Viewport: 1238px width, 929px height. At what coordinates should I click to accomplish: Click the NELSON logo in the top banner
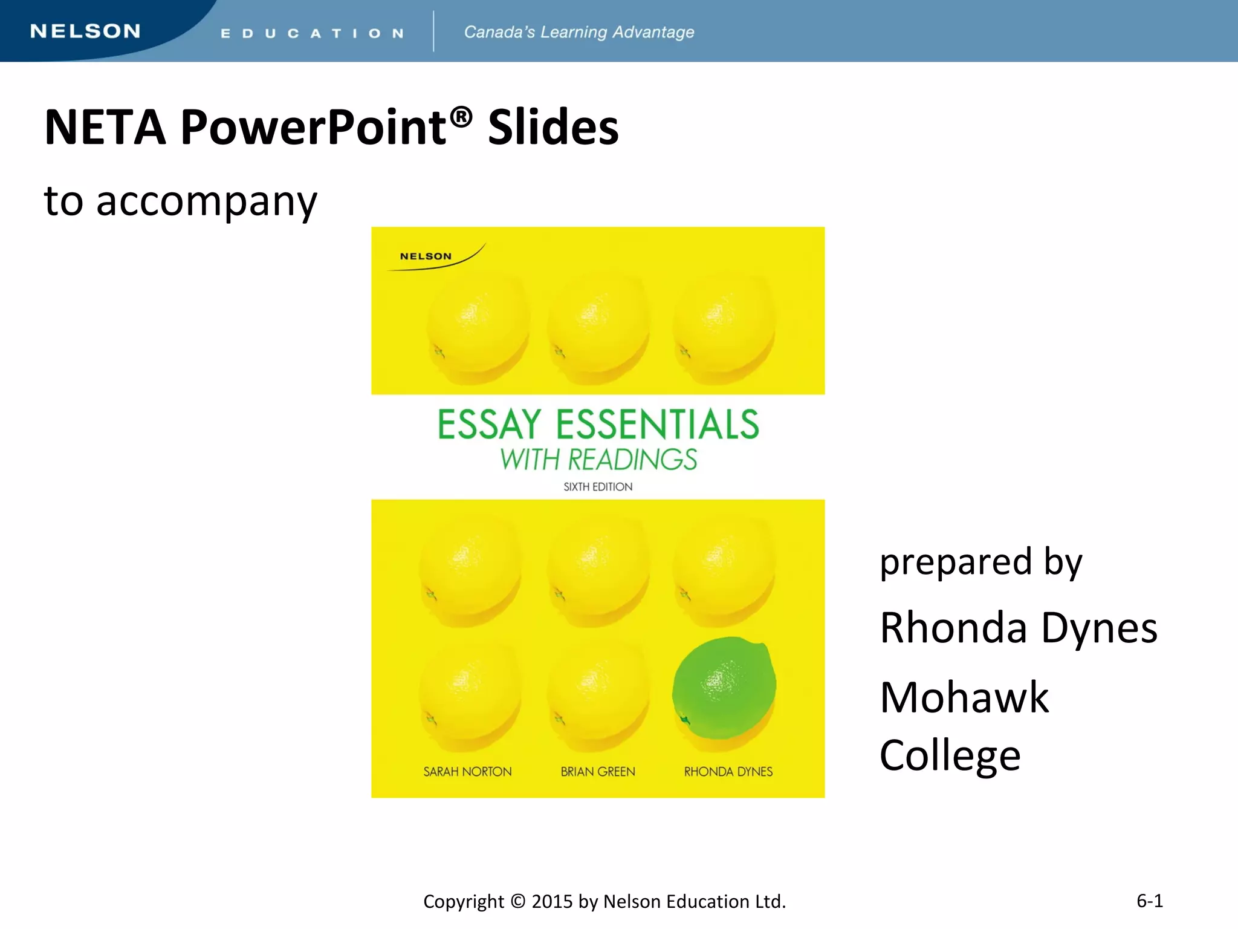tap(85, 31)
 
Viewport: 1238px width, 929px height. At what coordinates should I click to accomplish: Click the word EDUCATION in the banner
tap(312, 33)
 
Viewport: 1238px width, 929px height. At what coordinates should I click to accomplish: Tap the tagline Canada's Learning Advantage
tap(578, 32)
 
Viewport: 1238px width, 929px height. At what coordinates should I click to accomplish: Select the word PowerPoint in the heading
tap(313, 128)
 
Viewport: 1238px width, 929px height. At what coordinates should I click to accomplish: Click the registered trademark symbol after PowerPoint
tap(461, 116)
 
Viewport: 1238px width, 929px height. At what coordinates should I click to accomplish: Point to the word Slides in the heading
tap(553, 128)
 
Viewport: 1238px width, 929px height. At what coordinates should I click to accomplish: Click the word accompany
tap(207, 201)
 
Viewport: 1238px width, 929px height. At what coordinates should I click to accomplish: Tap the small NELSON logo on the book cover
tap(426, 256)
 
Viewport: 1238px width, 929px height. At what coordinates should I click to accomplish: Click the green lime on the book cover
tap(724, 688)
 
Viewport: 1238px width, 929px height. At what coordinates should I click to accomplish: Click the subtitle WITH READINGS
tap(598, 460)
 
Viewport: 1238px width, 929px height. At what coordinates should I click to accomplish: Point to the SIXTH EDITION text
tap(598, 487)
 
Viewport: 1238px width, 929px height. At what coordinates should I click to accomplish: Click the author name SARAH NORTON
tap(467, 772)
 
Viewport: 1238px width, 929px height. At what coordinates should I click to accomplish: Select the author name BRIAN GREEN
tap(598, 772)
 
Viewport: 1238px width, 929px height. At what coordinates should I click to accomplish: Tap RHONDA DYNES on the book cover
tap(728, 772)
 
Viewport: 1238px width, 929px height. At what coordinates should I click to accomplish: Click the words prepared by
tap(980, 562)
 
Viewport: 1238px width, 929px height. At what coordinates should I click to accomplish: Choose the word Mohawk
tap(964, 697)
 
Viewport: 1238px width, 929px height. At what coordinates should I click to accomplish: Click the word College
tap(950, 755)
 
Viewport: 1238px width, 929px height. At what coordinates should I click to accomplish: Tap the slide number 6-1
tap(1149, 901)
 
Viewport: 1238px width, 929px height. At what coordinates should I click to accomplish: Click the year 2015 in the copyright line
tap(552, 902)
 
